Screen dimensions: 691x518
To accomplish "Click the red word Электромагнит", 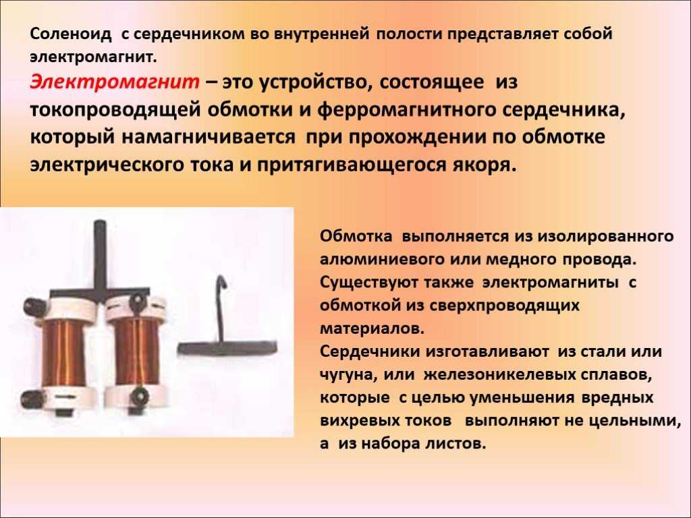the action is point(115,82).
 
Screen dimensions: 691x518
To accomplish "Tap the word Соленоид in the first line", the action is point(71,34).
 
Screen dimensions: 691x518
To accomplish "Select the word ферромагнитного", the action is point(407,110).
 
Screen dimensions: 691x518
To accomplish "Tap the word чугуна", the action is point(348,375).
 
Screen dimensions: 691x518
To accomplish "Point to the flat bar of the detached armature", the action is point(227,348).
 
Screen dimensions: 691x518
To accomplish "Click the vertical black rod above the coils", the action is point(100,256).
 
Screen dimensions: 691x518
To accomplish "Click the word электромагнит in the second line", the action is point(93,57).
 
